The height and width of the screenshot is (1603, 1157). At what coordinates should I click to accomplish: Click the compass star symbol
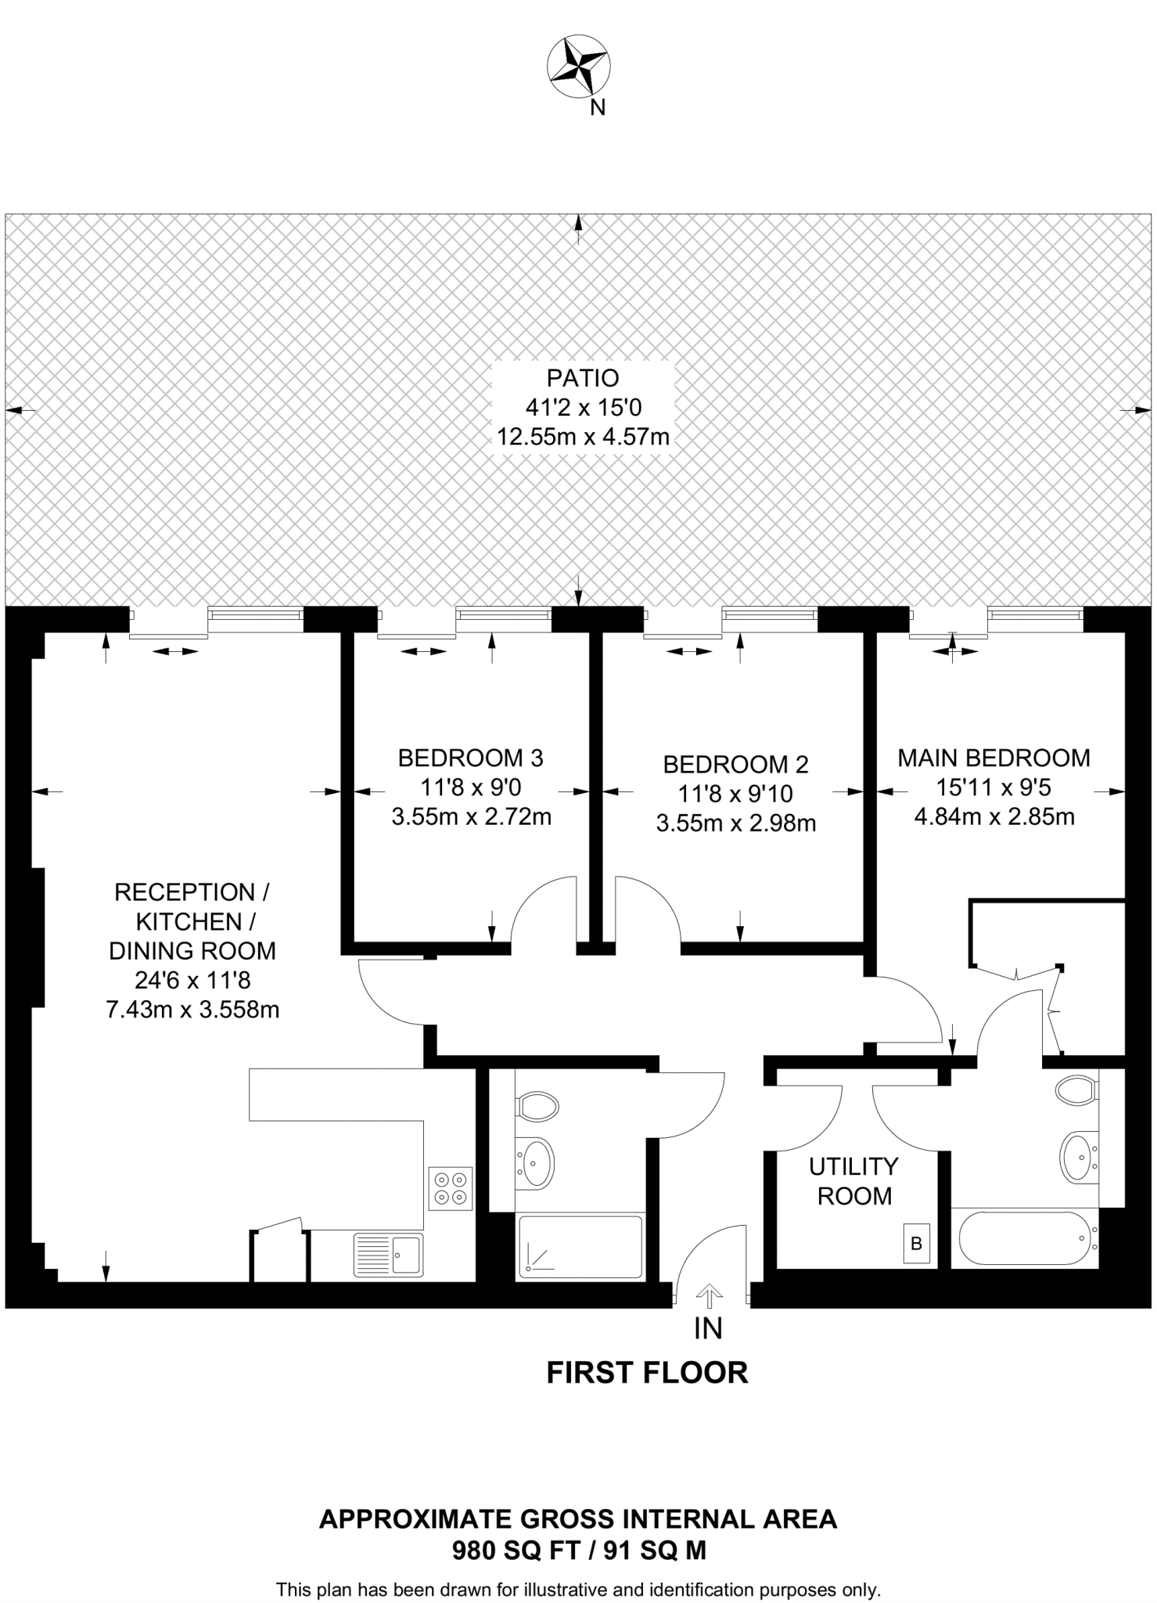point(578,68)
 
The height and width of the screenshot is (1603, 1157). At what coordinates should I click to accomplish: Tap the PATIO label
point(583,378)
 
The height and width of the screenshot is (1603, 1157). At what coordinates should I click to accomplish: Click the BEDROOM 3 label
point(470,758)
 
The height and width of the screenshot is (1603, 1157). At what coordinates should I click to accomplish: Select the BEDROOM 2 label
point(735,764)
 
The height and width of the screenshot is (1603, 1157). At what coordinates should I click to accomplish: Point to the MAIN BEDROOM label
point(994,758)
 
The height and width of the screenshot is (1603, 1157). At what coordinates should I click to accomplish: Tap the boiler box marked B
point(917,1243)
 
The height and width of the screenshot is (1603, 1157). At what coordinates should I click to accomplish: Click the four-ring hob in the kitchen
point(451,1188)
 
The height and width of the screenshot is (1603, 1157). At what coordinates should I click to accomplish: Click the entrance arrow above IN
point(709,1295)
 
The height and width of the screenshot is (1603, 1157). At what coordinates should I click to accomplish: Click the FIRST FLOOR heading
point(647,1373)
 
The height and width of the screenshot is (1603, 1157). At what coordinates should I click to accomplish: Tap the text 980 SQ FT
point(516,1551)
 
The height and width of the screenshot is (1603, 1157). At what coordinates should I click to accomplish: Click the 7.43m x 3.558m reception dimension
point(192,1010)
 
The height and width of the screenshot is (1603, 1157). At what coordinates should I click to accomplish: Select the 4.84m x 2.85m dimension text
point(994,817)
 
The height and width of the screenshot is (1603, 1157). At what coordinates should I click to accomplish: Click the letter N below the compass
point(597,109)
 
